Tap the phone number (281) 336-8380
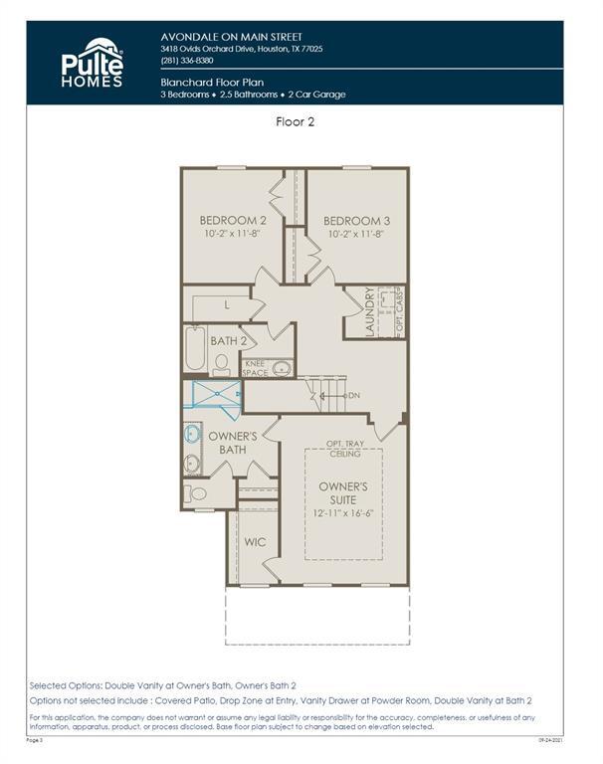pos(187,61)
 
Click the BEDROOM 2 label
pos(233,221)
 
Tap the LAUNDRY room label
pos(369,312)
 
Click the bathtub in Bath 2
pos(194,349)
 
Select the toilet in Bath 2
pos(222,364)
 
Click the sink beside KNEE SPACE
pos(282,368)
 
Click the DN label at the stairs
pos(353,396)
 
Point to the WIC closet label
pos(254,543)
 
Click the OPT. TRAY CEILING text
pos(343,449)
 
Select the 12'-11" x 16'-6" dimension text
pos(343,513)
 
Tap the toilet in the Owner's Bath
pos(198,493)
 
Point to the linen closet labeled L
pos(226,305)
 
